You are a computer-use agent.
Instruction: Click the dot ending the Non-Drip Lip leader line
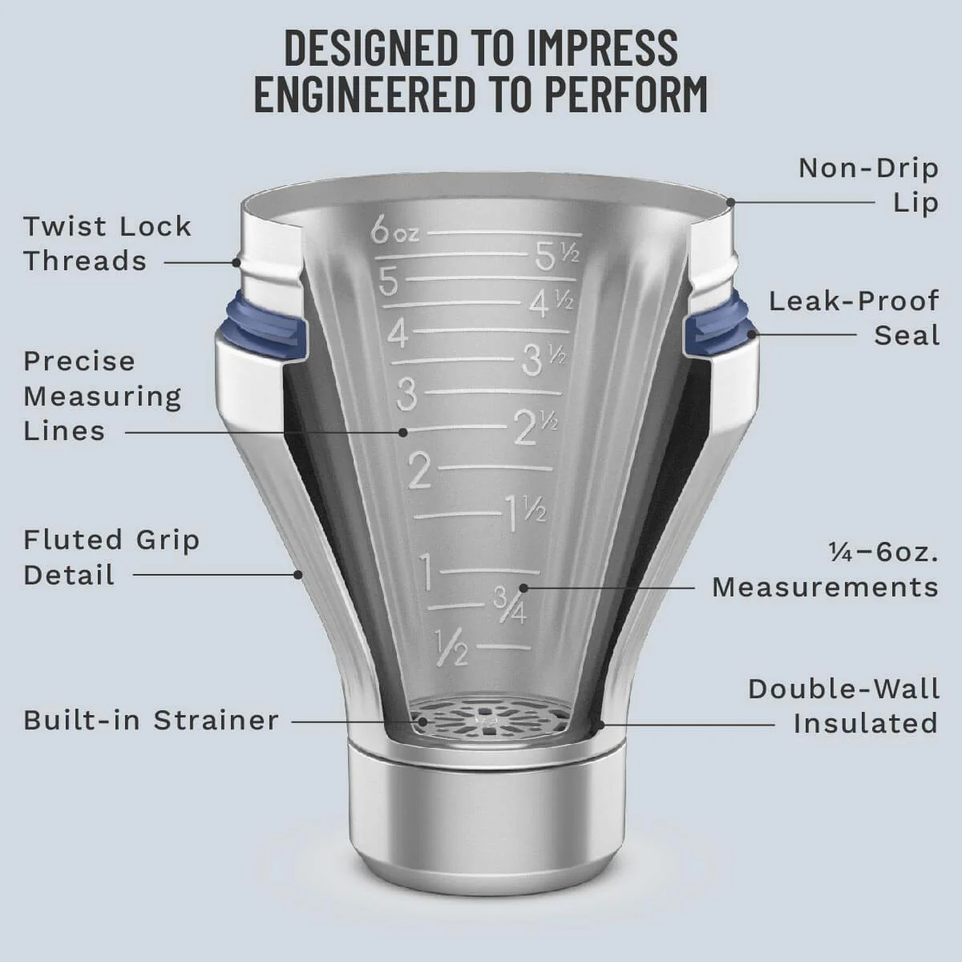click(730, 202)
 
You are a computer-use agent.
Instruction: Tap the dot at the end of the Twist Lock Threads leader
click(236, 261)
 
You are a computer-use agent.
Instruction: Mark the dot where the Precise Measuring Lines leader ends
click(403, 432)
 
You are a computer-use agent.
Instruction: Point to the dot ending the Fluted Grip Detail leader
click(298, 575)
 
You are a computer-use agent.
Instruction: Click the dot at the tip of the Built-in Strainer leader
click(422, 721)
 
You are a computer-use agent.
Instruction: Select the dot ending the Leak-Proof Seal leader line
click(750, 334)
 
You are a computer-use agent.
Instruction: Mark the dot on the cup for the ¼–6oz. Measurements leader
click(523, 588)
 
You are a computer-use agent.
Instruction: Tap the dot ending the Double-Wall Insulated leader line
click(601, 724)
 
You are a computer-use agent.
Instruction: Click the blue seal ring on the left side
click(265, 329)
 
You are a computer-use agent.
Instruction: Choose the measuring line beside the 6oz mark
click(504, 233)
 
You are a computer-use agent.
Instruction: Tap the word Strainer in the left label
click(216, 721)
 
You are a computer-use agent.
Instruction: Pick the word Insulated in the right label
click(866, 723)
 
